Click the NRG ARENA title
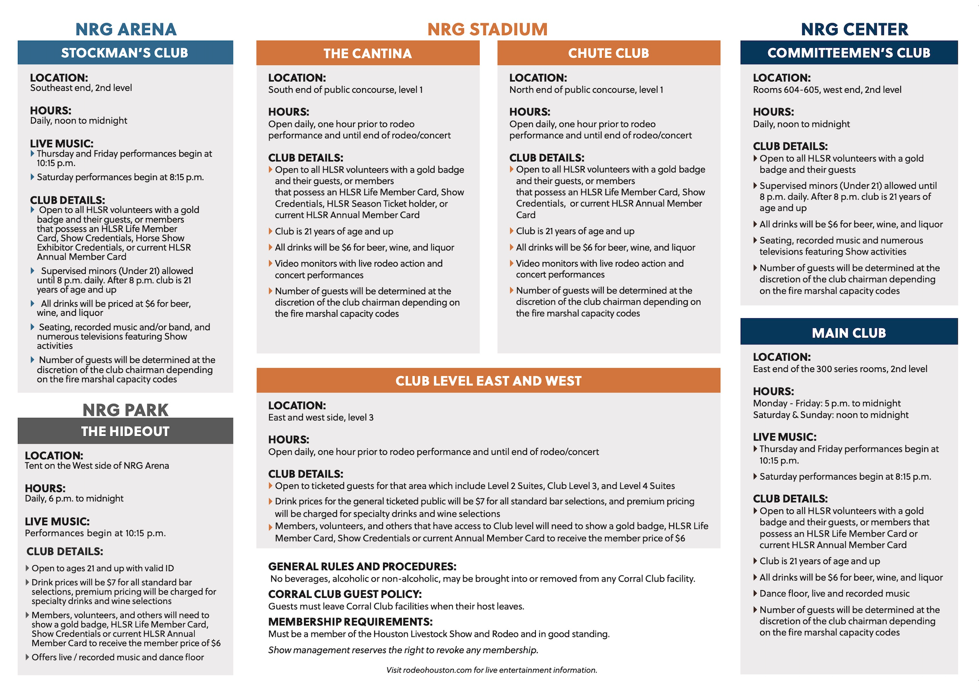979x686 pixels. pos(126,29)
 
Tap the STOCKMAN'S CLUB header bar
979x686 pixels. pos(125,52)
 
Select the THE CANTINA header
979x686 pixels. pos(368,53)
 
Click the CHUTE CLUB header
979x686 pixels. pos(609,53)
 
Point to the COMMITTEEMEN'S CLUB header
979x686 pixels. pos(849,52)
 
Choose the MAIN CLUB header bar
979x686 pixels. pos(849,333)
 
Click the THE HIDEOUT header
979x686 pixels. pos(125,431)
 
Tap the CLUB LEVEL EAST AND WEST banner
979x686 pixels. pos(488,380)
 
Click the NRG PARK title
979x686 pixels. pos(125,410)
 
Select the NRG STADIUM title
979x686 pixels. pos(487,29)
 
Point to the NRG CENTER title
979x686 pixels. pos(854,29)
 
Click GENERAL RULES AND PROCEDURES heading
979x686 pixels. pos(362,566)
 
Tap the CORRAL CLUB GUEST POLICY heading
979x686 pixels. pos(345,594)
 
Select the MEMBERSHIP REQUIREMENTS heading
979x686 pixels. pos(350,621)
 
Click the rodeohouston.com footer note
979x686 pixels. pos(491,670)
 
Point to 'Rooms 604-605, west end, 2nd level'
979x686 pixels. pos(827,89)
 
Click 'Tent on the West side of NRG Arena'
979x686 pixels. pos(97,465)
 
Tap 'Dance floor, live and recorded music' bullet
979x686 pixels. pos(834,593)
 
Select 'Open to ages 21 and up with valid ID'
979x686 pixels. pos(103,568)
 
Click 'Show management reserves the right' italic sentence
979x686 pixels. pos(403,650)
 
